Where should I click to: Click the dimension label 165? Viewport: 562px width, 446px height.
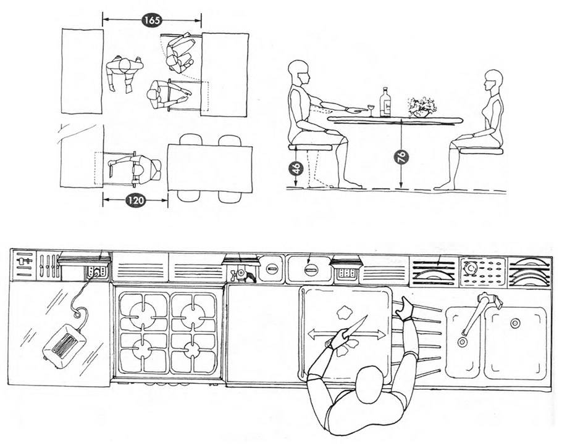(152, 20)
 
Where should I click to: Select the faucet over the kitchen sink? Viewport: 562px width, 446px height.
(478, 312)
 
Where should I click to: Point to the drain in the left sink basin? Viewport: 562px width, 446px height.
(461, 342)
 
